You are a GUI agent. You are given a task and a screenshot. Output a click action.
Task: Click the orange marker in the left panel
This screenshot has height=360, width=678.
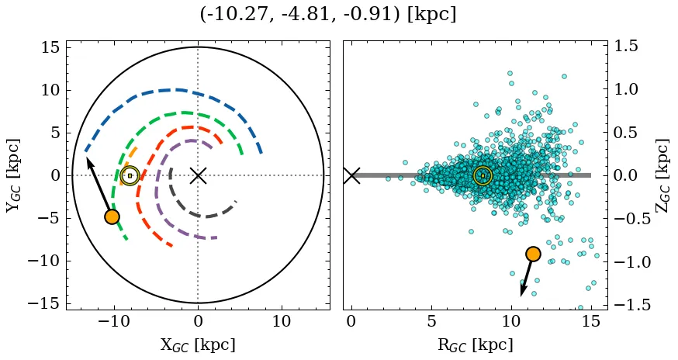point(112,216)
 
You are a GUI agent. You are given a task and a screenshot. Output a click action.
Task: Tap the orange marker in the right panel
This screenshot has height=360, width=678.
point(532,254)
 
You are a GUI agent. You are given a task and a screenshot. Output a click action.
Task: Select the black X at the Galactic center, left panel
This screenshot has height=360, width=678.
point(198,175)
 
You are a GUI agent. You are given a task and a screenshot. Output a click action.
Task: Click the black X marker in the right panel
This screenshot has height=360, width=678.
point(351,175)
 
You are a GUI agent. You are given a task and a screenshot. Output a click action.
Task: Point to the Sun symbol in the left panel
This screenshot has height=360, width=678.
point(130,176)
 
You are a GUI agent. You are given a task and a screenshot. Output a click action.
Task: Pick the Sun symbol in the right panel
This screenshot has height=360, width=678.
point(483,176)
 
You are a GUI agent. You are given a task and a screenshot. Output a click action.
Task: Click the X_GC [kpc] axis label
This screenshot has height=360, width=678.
point(198,344)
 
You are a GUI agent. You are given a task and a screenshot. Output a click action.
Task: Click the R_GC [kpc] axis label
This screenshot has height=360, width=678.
point(476,344)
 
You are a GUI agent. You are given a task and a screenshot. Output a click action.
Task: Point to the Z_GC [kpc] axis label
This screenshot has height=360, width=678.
point(662,175)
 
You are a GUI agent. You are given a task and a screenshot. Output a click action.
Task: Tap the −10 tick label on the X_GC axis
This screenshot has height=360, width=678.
point(114,321)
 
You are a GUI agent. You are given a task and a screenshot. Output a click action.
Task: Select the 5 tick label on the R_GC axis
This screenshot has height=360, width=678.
point(431,321)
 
